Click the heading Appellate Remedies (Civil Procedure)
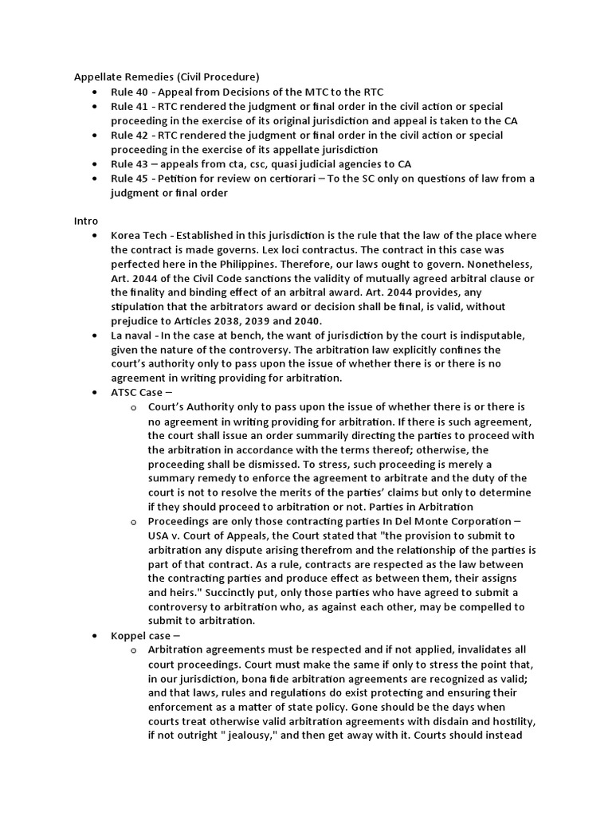point(167,77)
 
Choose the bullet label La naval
point(132,335)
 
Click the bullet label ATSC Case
point(139,393)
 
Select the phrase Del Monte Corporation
point(455,521)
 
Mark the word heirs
point(181,593)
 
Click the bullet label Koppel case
point(142,636)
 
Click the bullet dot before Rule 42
point(96,135)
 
